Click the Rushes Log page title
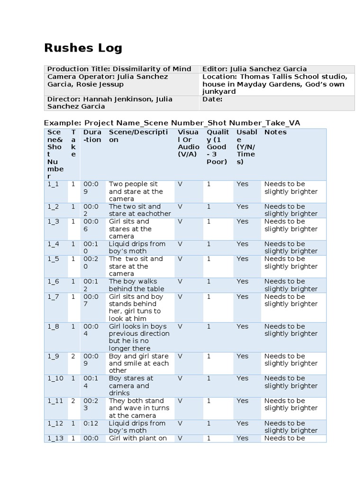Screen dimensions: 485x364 point(83,48)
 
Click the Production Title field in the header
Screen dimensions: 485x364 point(119,69)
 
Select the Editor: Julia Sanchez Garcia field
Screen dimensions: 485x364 point(254,69)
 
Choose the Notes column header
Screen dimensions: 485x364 point(275,132)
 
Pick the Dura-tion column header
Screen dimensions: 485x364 point(92,136)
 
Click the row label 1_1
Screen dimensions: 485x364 point(53,184)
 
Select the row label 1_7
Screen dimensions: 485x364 point(53,296)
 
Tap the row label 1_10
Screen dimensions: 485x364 point(55,378)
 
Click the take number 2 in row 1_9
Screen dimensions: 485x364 point(73,356)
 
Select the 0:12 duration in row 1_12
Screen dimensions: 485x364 point(91,423)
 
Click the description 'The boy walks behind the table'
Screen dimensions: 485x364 point(136,285)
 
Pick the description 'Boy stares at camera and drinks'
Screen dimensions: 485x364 point(131,386)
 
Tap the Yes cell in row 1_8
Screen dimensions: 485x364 point(242,326)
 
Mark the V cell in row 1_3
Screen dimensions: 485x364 point(180,222)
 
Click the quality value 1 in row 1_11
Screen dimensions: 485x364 point(209,401)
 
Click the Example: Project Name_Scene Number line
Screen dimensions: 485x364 point(172,123)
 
